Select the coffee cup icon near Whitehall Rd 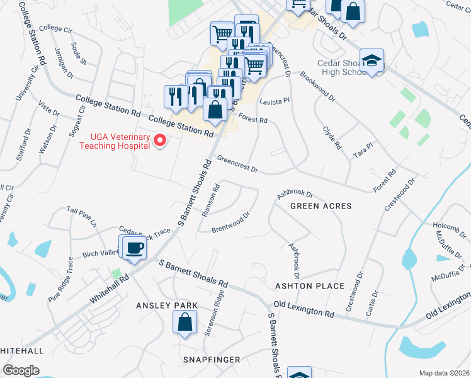point(134,248)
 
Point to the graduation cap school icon point(373,61)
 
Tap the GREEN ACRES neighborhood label point(321,206)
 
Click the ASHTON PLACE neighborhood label point(310,286)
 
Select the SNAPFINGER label point(212,359)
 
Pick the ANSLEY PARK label point(167,305)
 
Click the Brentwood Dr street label point(231,220)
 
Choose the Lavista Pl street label point(274,100)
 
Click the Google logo point(21,370)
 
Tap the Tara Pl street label point(363,149)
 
